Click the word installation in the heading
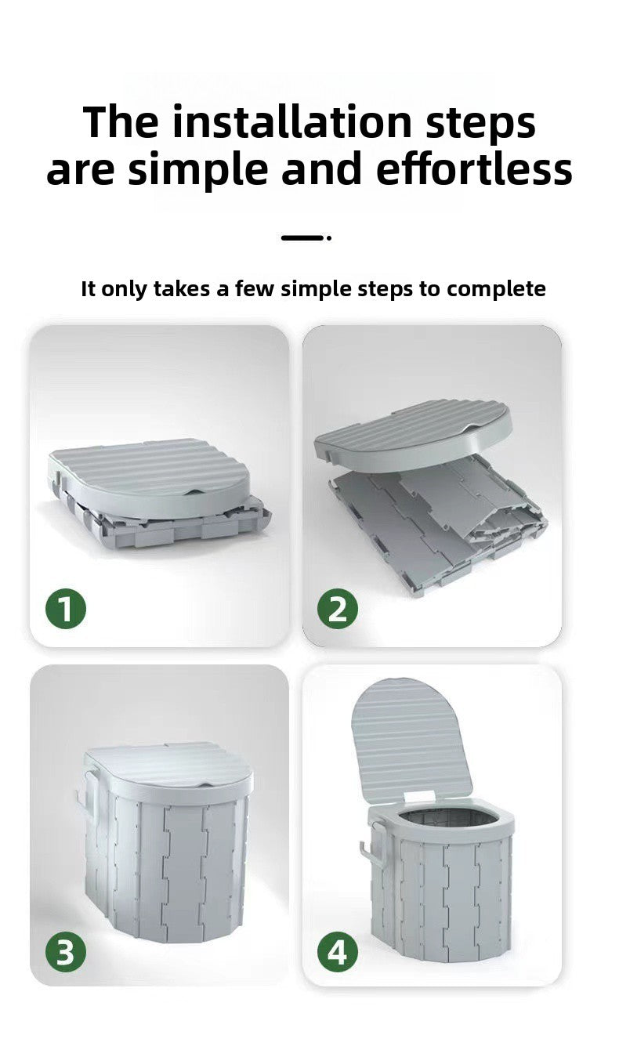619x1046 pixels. pos(291,122)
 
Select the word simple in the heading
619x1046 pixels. pos(199,171)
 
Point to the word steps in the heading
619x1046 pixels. pos(481,125)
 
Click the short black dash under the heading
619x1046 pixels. pos(302,237)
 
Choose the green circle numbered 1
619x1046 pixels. pos(66,610)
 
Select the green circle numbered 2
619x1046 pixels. pos(338,610)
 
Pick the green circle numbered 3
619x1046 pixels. pos(66,950)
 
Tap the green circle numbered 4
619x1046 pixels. pos(338,950)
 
